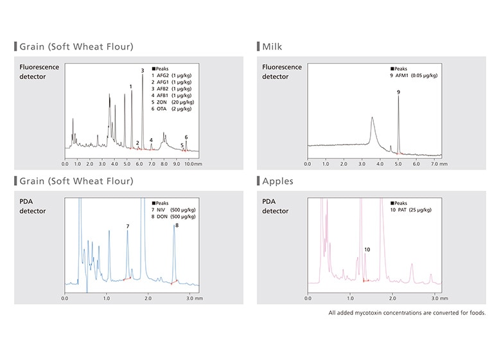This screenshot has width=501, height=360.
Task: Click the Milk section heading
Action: tap(272, 46)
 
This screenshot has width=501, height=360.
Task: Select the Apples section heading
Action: tap(277, 181)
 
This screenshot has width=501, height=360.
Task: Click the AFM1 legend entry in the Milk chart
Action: tap(414, 75)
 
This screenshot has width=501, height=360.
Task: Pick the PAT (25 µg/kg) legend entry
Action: tap(414, 210)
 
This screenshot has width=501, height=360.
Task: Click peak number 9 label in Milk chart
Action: tap(398, 93)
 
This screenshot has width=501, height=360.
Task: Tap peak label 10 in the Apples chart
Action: tap(367, 249)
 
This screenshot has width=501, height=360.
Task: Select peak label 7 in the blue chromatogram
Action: tap(128, 226)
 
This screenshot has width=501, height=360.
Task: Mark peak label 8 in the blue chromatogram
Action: tap(177, 225)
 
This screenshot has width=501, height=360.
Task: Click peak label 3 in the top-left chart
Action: tap(143, 70)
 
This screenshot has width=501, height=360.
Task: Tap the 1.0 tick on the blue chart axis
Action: tap(107, 299)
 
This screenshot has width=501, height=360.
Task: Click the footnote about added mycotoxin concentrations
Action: tap(407, 313)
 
